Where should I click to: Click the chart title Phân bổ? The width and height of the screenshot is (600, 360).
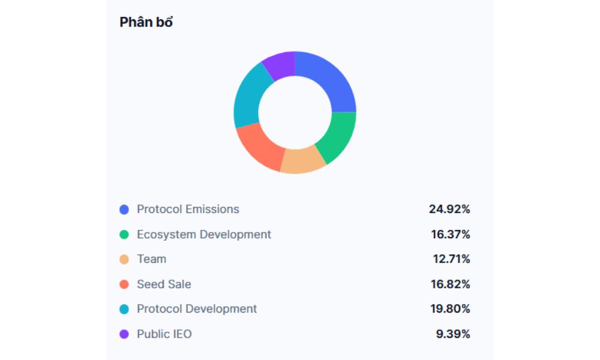point(146,23)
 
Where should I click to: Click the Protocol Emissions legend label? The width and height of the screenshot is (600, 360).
point(188,209)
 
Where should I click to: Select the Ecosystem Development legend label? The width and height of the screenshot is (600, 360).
point(204,235)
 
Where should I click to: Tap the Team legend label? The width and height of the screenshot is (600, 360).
point(151,259)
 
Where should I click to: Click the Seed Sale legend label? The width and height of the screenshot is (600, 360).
point(164,284)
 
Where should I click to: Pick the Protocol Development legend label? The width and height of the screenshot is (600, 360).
point(197,309)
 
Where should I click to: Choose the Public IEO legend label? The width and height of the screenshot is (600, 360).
point(164,334)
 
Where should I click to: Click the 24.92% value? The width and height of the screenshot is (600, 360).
point(449,209)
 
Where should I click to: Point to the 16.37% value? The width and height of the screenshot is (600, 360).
point(451,235)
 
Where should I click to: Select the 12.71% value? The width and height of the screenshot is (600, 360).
point(451,259)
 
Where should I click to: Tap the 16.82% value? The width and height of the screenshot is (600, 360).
point(451,284)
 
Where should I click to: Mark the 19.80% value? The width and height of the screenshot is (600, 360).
point(450,309)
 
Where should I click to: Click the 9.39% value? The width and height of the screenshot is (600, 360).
point(453,334)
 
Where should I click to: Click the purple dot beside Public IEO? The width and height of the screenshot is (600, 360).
point(124,334)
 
